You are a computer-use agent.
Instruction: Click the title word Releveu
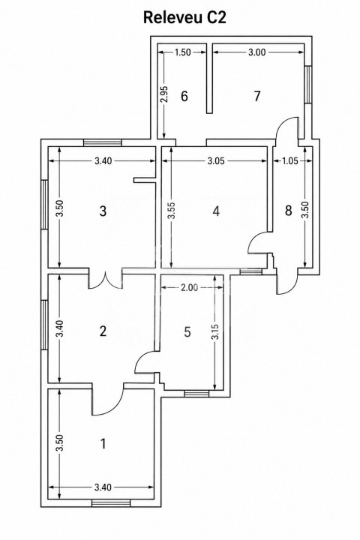point(173,17)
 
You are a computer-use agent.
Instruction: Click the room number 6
point(184,97)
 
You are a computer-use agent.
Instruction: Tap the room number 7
point(257,97)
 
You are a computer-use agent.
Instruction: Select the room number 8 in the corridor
point(288,210)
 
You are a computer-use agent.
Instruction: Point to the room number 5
point(187,331)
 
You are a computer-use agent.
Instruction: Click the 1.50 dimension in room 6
point(182,52)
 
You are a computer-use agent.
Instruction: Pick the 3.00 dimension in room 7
point(257,52)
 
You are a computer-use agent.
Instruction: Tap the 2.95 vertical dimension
point(164,94)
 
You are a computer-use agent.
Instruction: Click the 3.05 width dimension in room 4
point(216,160)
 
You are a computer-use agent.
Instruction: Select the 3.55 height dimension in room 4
point(172,210)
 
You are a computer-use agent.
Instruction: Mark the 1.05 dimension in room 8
point(290,160)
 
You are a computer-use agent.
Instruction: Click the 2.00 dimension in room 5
point(190,287)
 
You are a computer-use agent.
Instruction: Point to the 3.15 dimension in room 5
point(215,331)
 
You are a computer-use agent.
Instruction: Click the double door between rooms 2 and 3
point(106,280)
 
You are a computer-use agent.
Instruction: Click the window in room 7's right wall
point(308,84)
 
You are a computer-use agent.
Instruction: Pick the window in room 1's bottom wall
point(111,503)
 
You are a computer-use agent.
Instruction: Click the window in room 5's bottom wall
point(196,394)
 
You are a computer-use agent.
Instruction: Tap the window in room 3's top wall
point(103,142)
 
